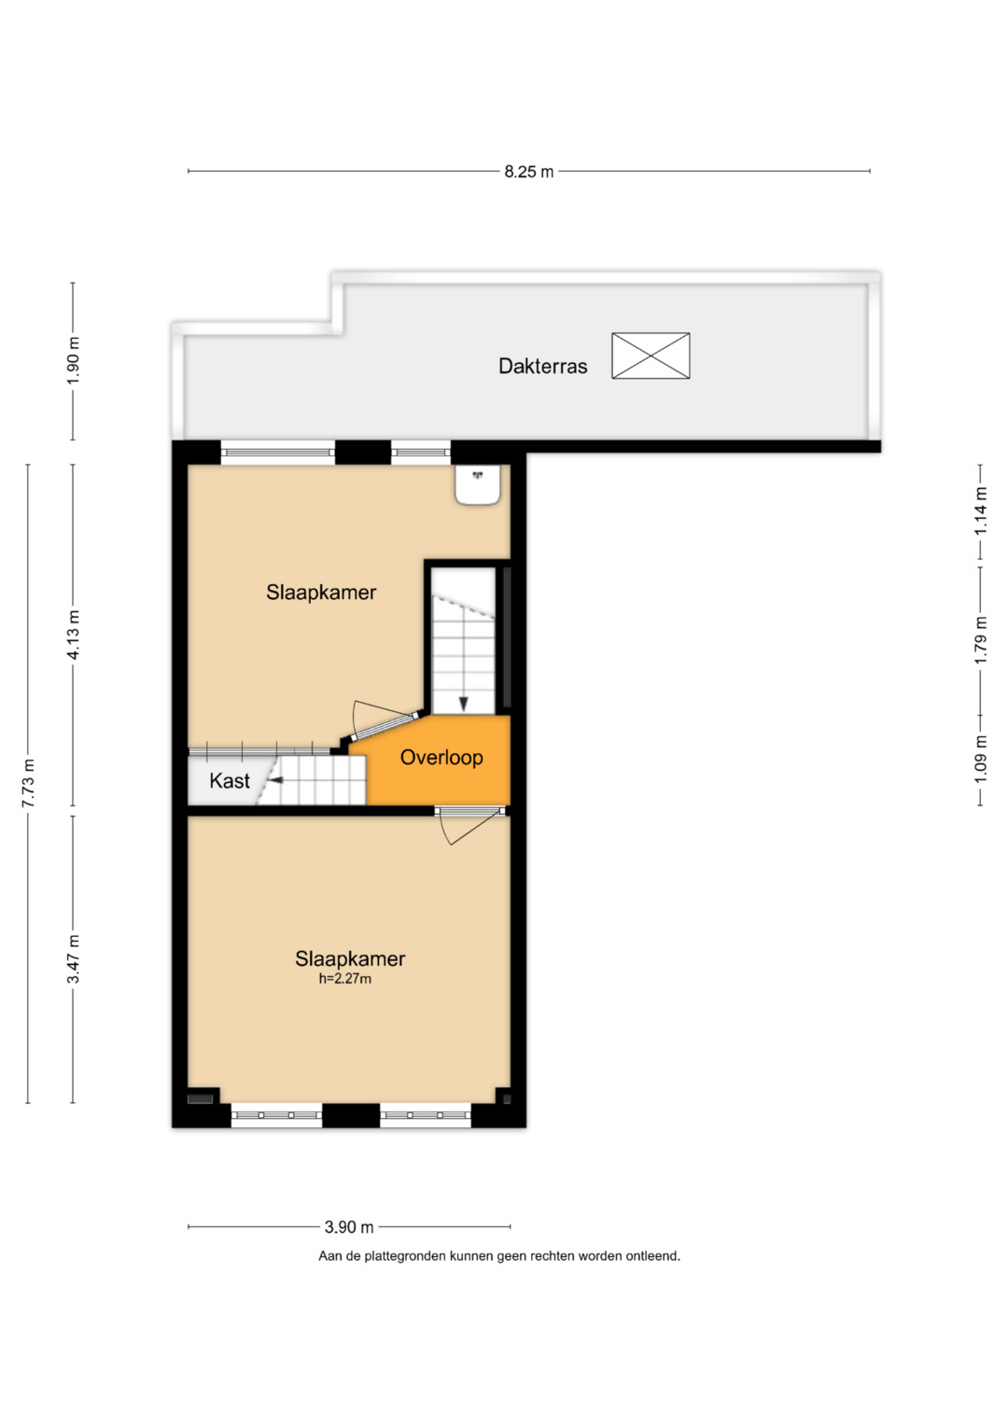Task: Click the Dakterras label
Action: coord(542,367)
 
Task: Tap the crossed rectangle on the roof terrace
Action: coord(651,356)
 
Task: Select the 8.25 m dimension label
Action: coord(529,171)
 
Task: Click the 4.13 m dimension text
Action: coord(74,635)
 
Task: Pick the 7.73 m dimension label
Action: coord(28,783)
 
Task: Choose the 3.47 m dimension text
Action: coord(74,958)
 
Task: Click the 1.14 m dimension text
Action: coord(981,510)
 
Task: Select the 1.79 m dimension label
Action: coord(981,640)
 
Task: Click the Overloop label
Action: coord(441,757)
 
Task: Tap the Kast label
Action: coord(230,780)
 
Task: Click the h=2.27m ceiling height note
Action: coord(345,979)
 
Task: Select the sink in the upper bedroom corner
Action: coord(478,484)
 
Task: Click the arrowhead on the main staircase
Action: coord(463,705)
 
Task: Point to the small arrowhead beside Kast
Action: coord(275,778)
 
